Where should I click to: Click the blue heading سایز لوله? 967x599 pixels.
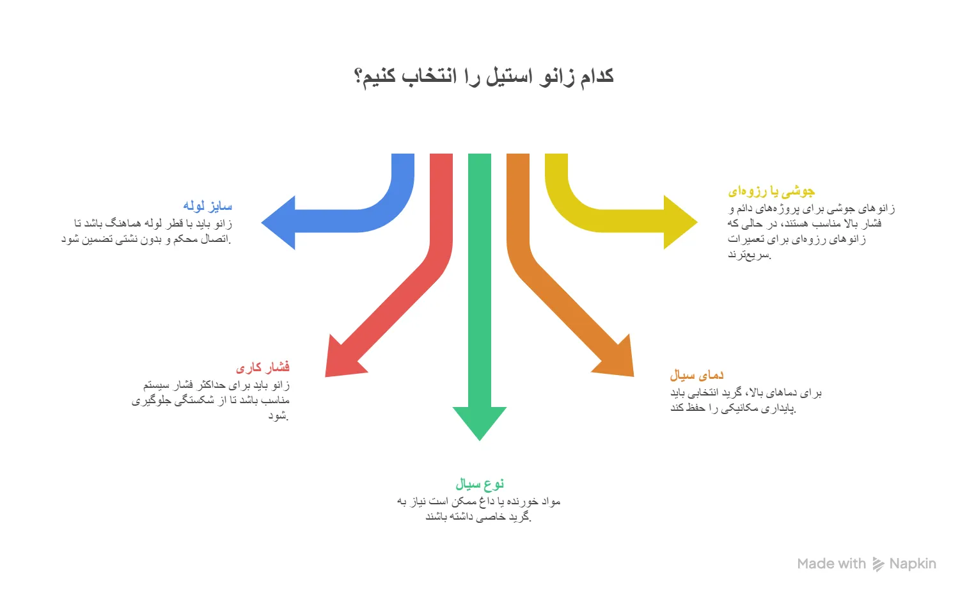pyautogui.click(x=208, y=206)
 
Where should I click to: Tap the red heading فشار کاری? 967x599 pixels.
pyautogui.click(x=262, y=367)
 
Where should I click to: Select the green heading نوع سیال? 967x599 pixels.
pyautogui.click(x=480, y=484)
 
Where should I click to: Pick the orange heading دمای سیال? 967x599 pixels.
pyautogui.click(x=696, y=375)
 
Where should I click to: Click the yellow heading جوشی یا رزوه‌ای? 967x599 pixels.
pyautogui.click(x=771, y=191)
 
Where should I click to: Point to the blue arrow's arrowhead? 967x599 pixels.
pyautogui.click(x=278, y=223)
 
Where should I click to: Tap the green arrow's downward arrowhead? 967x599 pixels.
pyautogui.click(x=480, y=423)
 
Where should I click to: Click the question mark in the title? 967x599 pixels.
pyautogui.click(x=358, y=77)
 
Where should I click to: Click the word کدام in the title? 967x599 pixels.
pyautogui.click(x=597, y=76)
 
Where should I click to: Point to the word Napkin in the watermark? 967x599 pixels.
pyautogui.click(x=913, y=564)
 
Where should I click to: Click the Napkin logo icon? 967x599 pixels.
pyautogui.click(x=878, y=564)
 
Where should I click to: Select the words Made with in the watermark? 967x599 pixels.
pyautogui.click(x=831, y=564)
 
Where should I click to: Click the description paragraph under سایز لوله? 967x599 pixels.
pyautogui.click(x=146, y=231)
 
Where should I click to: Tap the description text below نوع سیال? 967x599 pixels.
pyautogui.click(x=478, y=509)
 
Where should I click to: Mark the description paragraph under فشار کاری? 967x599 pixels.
pyautogui.click(x=210, y=400)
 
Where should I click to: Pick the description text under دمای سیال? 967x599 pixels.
pyautogui.click(x=746, y=401)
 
